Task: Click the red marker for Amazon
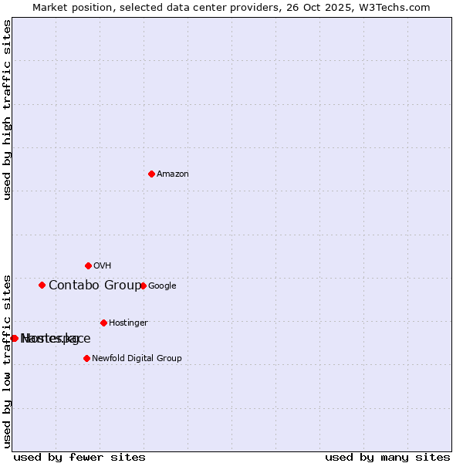(151, 174)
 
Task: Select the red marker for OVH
(88, 265)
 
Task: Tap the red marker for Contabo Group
(42, 285)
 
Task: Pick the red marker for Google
(143, 286)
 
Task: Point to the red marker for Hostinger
(103, 323)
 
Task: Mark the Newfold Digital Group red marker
(86, 358)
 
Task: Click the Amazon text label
(173, 174)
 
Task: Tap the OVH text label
(103, 266)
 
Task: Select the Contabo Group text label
(95, 286)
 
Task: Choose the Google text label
(162, 286)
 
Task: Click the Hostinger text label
(128, 323)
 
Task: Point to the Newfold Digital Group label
(137, 359)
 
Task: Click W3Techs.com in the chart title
(397, 8)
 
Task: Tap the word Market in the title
(50, 8)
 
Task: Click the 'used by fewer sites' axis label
(79, 458)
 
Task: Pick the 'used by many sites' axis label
(387, 458)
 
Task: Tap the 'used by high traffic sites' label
(8, 110)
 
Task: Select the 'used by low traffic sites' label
(8, 361)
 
